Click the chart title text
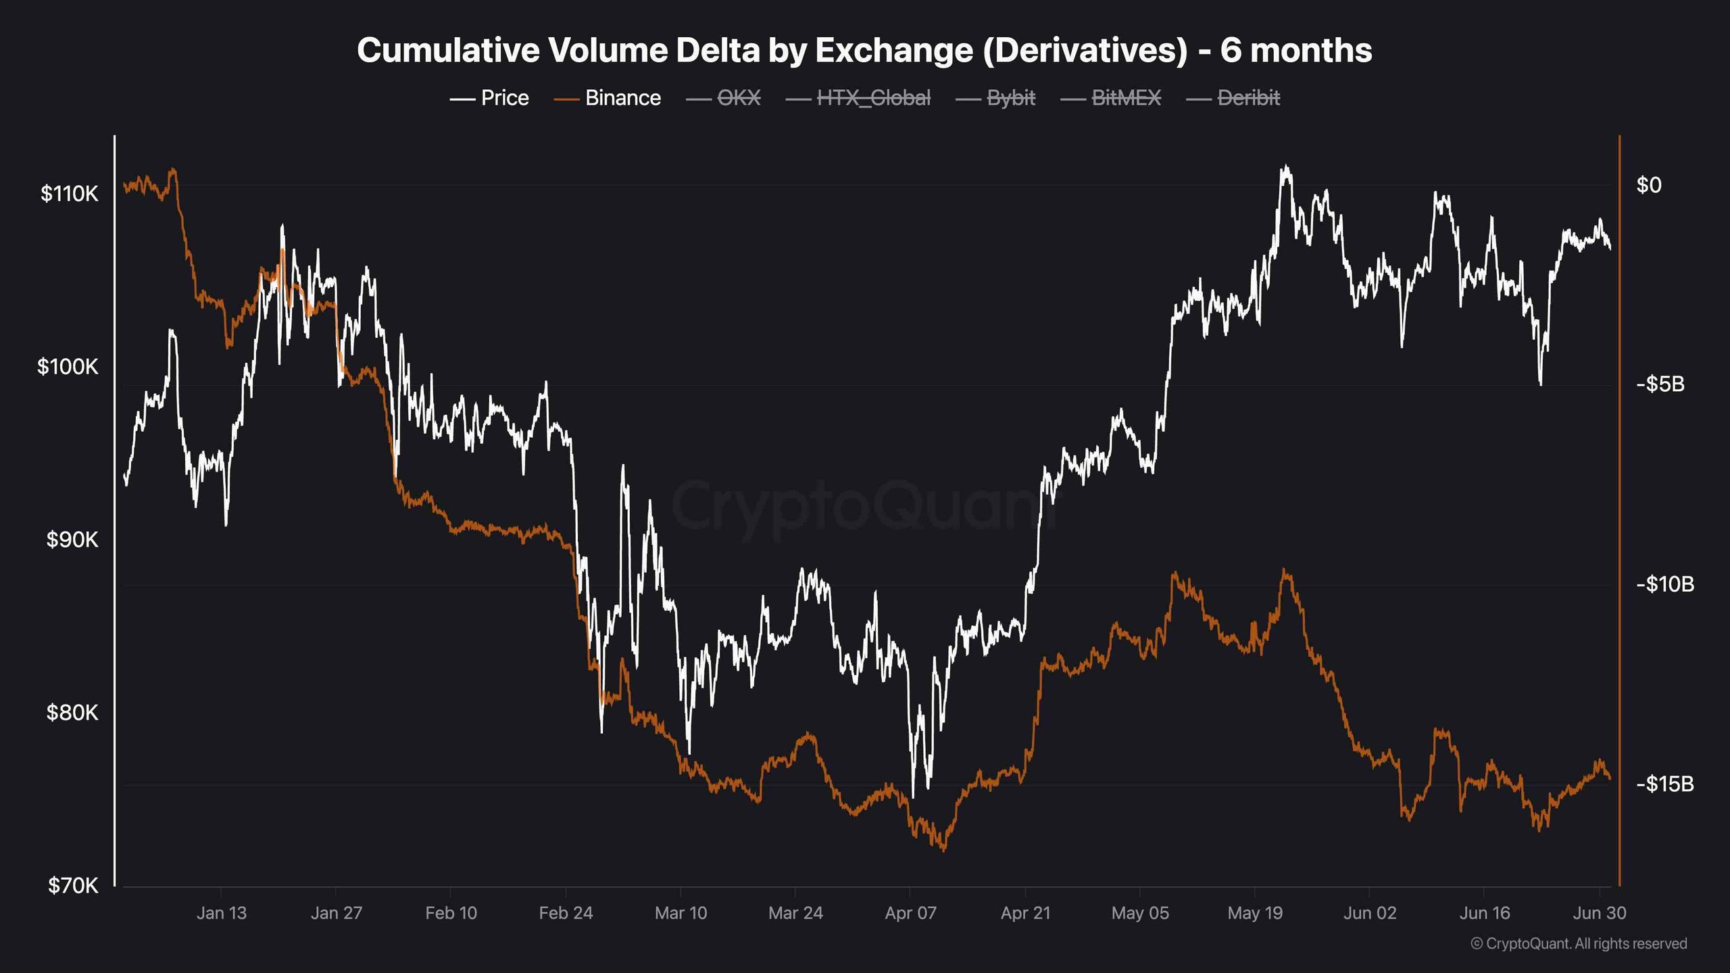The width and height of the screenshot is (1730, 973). (x=864, y=51)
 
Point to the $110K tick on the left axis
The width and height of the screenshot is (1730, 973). (x=69, y=194)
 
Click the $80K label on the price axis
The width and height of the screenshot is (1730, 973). (x=72, y=712)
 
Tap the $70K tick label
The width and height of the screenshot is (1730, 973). (x=72, y=885)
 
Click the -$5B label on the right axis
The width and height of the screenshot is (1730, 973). (x=1660, y=384)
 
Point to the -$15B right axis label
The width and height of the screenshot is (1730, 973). (x=1664, y=784)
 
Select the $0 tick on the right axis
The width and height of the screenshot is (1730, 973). (x=1649, y=185)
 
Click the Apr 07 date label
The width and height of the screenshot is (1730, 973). (x=910, y=913)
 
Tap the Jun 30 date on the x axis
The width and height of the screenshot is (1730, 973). (x=1599, y=913)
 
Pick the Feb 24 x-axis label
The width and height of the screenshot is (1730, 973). (x=566, y=913)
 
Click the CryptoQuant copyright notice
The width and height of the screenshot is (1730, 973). (x=1579, y=943)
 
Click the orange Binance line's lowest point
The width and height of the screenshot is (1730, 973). (x=943, y=850)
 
